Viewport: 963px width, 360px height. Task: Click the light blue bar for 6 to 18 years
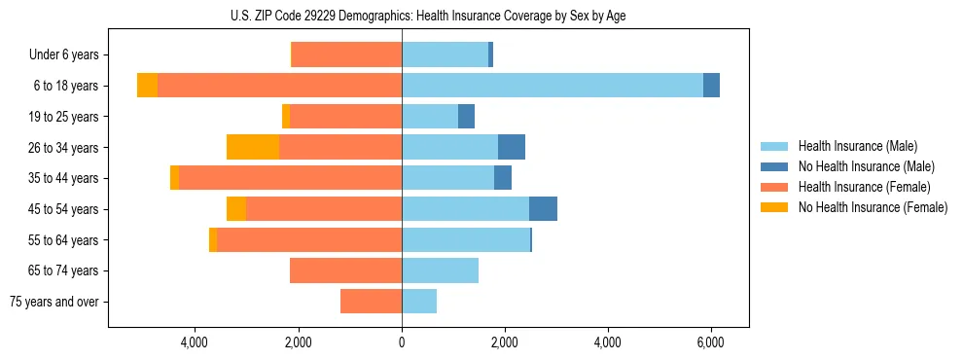(x=552, y=86)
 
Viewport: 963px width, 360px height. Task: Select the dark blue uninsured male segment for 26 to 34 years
(x=512, y=147)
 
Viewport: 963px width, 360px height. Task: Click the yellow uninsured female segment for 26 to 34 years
(x=253, y=147)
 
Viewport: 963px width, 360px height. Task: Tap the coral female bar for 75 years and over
(x=371, y=302)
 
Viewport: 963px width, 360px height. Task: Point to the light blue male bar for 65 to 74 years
(x=440, y=270)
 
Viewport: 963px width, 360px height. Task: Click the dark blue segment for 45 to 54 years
(x=543, y=209)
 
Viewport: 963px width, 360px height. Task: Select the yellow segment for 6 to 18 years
(x=147, y=86)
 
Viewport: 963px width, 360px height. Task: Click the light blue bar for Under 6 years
(x=445, y=54)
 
